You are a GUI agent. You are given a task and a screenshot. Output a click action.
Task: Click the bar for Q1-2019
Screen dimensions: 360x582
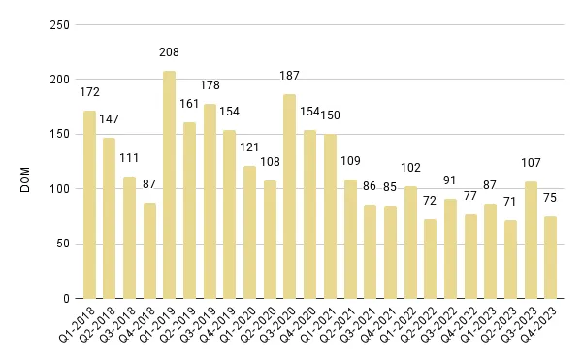coord(170,184)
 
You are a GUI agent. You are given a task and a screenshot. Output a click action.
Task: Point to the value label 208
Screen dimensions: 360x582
coord(170,51)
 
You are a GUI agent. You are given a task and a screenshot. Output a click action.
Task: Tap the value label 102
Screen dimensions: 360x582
coord(410,168)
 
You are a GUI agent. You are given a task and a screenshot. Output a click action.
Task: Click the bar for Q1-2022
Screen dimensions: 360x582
coord(410,243)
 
